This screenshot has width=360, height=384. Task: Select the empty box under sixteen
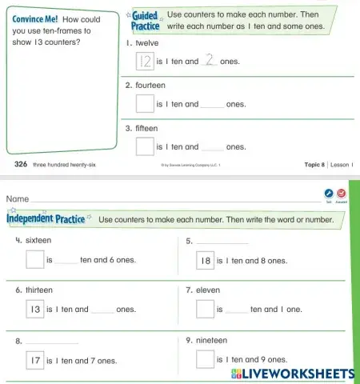(34, 259)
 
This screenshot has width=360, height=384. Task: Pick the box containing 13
(34, 308)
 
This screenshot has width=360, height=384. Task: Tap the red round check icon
(342, 194)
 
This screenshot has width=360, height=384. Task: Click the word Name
(18, 198)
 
